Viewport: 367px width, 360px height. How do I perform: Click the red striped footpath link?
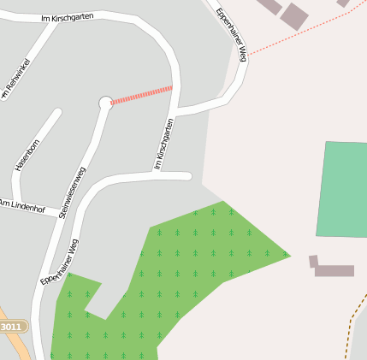coord(142,94)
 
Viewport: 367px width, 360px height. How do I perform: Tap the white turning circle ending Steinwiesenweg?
coord(105,103)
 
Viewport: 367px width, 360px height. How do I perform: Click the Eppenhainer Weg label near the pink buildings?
coord(231,34)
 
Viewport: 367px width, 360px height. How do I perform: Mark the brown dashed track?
coord(352,329)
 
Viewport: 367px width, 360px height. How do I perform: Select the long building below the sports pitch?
coord(334,271)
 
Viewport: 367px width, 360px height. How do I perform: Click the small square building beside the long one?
coord(313,261)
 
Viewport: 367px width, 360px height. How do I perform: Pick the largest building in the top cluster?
coord(294,16)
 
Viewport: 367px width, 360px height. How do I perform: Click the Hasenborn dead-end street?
coord(38,141)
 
